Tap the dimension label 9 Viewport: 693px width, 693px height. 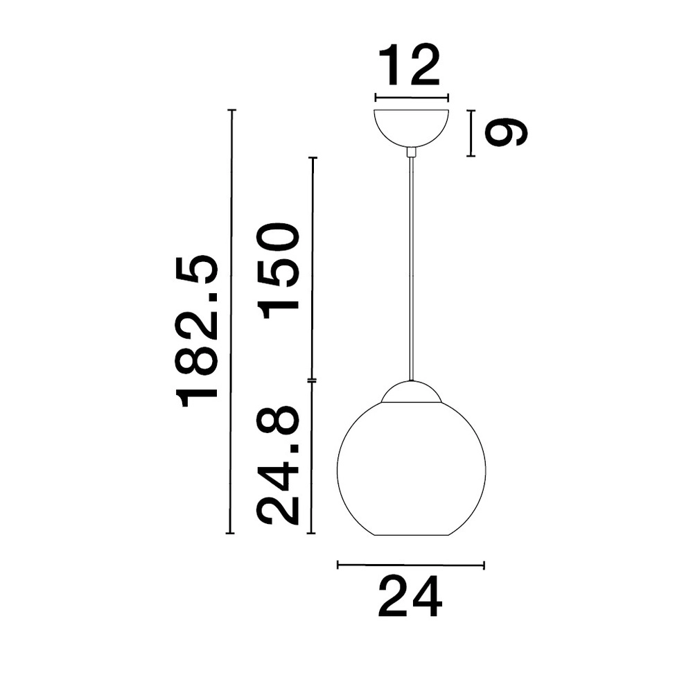click(506, 132)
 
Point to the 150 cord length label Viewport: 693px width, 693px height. click(279, 270)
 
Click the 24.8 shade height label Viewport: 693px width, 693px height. click(279, 466)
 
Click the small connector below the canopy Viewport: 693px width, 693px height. click(412, 152)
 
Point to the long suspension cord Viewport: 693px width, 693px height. click(412, 270)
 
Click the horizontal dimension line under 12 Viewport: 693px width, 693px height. click(412, 97)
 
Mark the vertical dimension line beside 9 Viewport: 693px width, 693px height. click(471, 133)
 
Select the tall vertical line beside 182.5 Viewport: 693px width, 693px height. click(231, 322)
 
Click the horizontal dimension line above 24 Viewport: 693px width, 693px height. click(410, 565)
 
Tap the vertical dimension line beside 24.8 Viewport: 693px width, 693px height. click(312, 457)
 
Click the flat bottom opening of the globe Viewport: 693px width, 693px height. click(411, 535)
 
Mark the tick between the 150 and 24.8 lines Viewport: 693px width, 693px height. click(312, 380)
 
